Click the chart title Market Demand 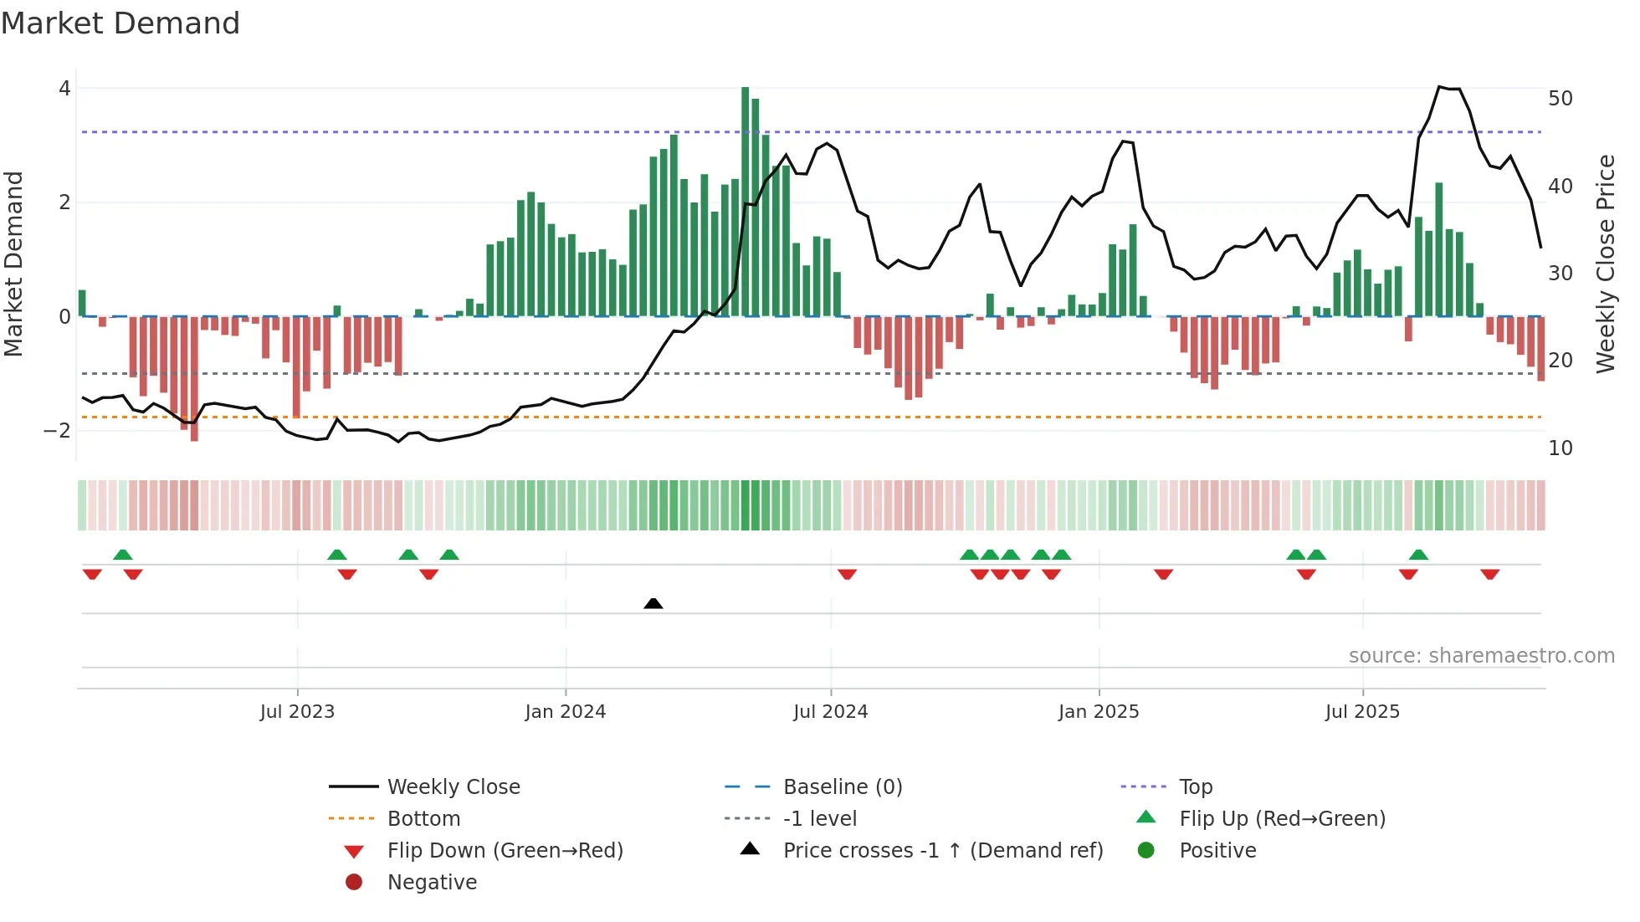[120, 23]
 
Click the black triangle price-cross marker [653, 603]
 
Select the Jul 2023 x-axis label [297, 712]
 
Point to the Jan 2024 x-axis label [566, 712]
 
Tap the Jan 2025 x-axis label [1099, 712]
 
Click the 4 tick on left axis [64, 89]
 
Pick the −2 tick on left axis [58, 431]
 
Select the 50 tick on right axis [1561, 99]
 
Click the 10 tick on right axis [1561, 448]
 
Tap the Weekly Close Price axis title [1605, 264]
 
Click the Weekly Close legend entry [454, 787]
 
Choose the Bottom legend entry [423, 819]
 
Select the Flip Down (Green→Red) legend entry [505, 851]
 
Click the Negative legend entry [432, 883]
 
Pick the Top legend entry [1196, 787]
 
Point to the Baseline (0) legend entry [843, 787]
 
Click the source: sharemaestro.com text [1481, 656]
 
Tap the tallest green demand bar [746, 201]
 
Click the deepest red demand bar [194, 378]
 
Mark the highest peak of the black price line [1439, 87]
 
